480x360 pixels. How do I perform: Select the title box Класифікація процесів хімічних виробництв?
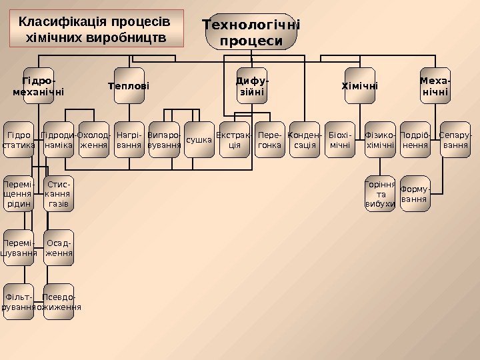coord(97,29)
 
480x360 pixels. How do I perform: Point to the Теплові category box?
coord(129,86)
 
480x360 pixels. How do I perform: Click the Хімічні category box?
coord(359,86)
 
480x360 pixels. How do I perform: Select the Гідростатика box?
coord(19,139)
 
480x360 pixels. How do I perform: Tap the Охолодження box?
coord(93,139)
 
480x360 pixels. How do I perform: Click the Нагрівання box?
coord(129,139)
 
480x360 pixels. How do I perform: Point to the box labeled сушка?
coord(199,140)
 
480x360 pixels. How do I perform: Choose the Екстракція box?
coord(235,139)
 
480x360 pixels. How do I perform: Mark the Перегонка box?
coord(269,139)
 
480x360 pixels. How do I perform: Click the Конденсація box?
coord(305,139)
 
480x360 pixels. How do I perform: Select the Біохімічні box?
coord(340,139)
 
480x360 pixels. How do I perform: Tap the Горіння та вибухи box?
coord(380,194)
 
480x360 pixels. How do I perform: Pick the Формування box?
coord(415,194)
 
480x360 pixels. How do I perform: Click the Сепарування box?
coord(455,139)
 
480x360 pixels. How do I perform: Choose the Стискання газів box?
coord(59,194)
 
